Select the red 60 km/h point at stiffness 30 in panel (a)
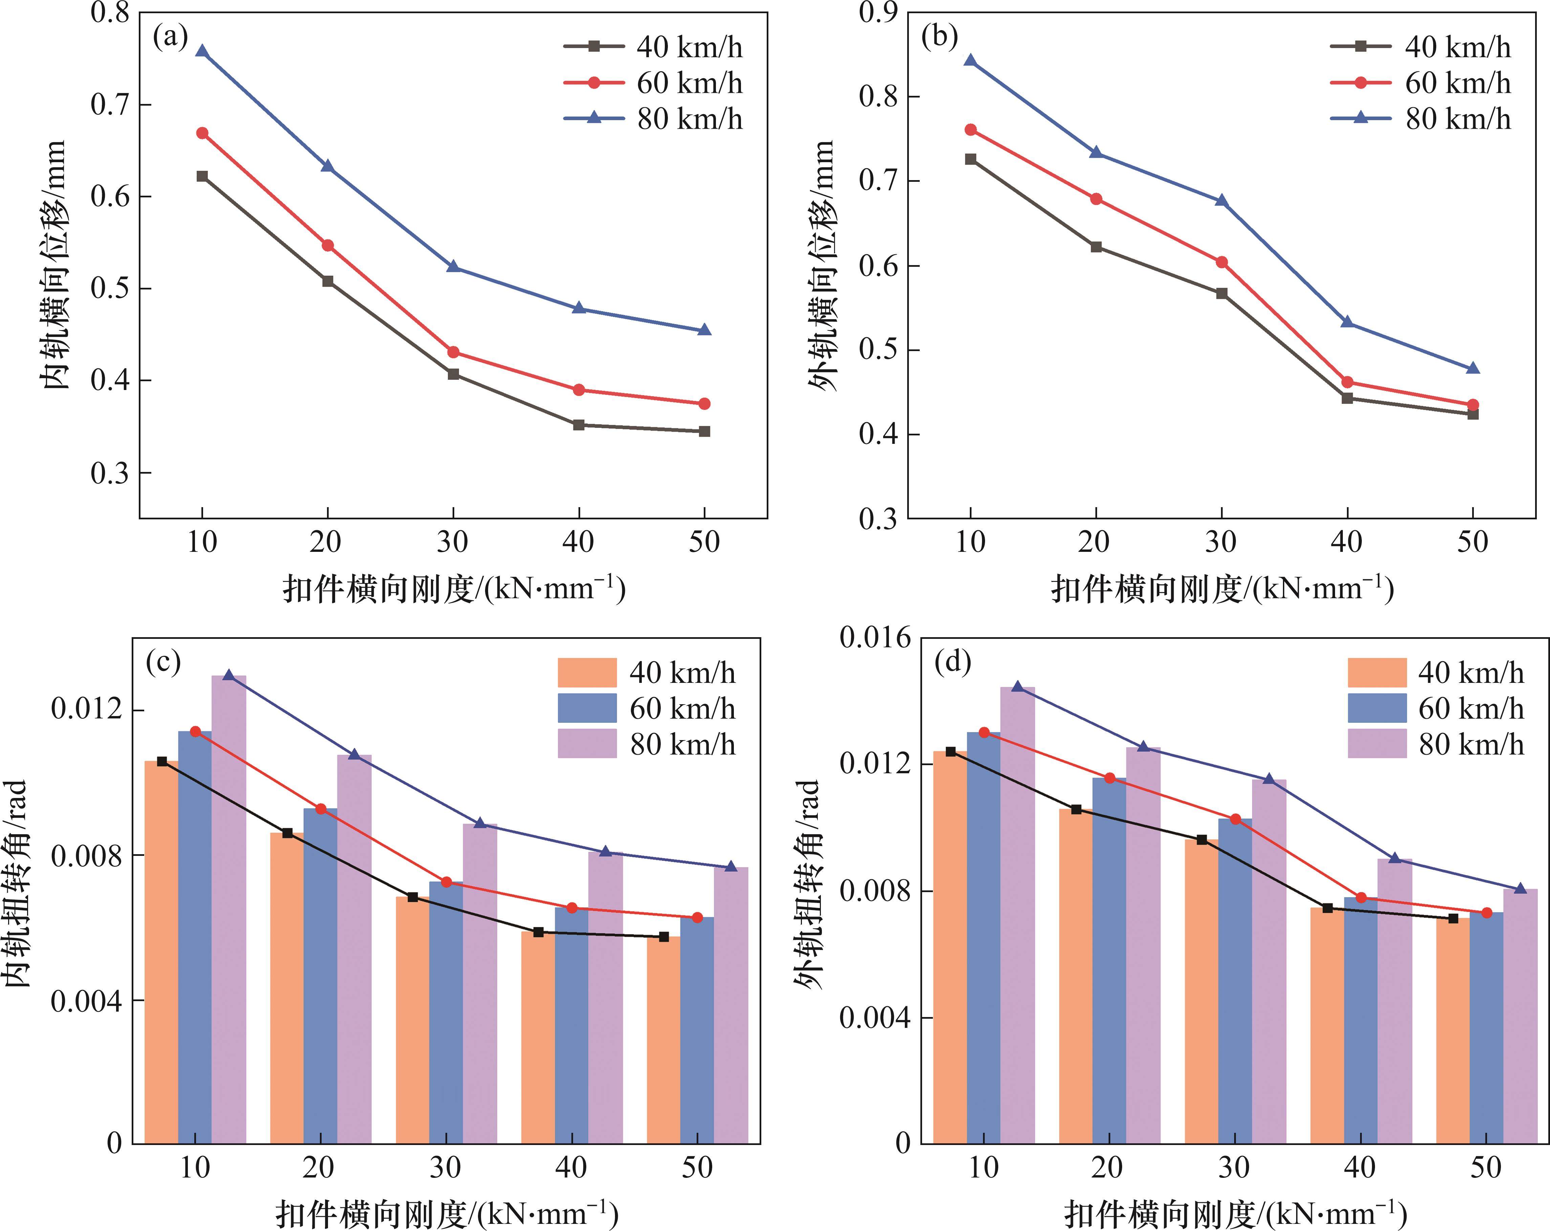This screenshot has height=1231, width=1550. tap(453, 352)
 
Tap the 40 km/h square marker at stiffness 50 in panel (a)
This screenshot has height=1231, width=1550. tap(704, 431)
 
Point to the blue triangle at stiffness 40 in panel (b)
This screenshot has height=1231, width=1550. tap(1347, 322)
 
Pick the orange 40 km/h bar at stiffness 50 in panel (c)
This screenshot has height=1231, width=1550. tap(663, 1039)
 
